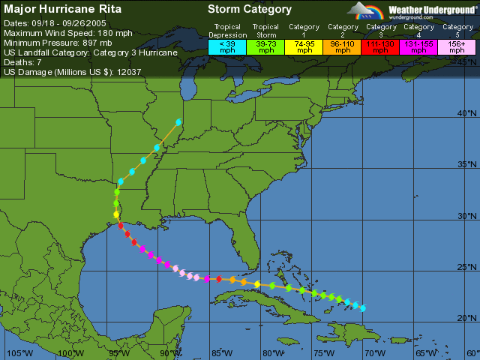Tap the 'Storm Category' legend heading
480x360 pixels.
tap(249, 10)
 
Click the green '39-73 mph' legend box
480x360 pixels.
tap(265, 46)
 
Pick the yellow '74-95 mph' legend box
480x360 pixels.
tap(304, 46)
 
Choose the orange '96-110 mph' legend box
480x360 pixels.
tap(343, 46)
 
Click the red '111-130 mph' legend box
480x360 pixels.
tap(381, 46)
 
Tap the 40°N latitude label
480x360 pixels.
tap(466, 113)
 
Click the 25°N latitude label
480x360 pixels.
tap(466, 267)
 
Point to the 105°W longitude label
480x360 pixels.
tap(16, 353)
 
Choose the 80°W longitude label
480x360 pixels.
tap(273, 353)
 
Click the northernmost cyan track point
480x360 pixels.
tap(178, 121)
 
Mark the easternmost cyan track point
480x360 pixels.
tap(363, 308)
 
